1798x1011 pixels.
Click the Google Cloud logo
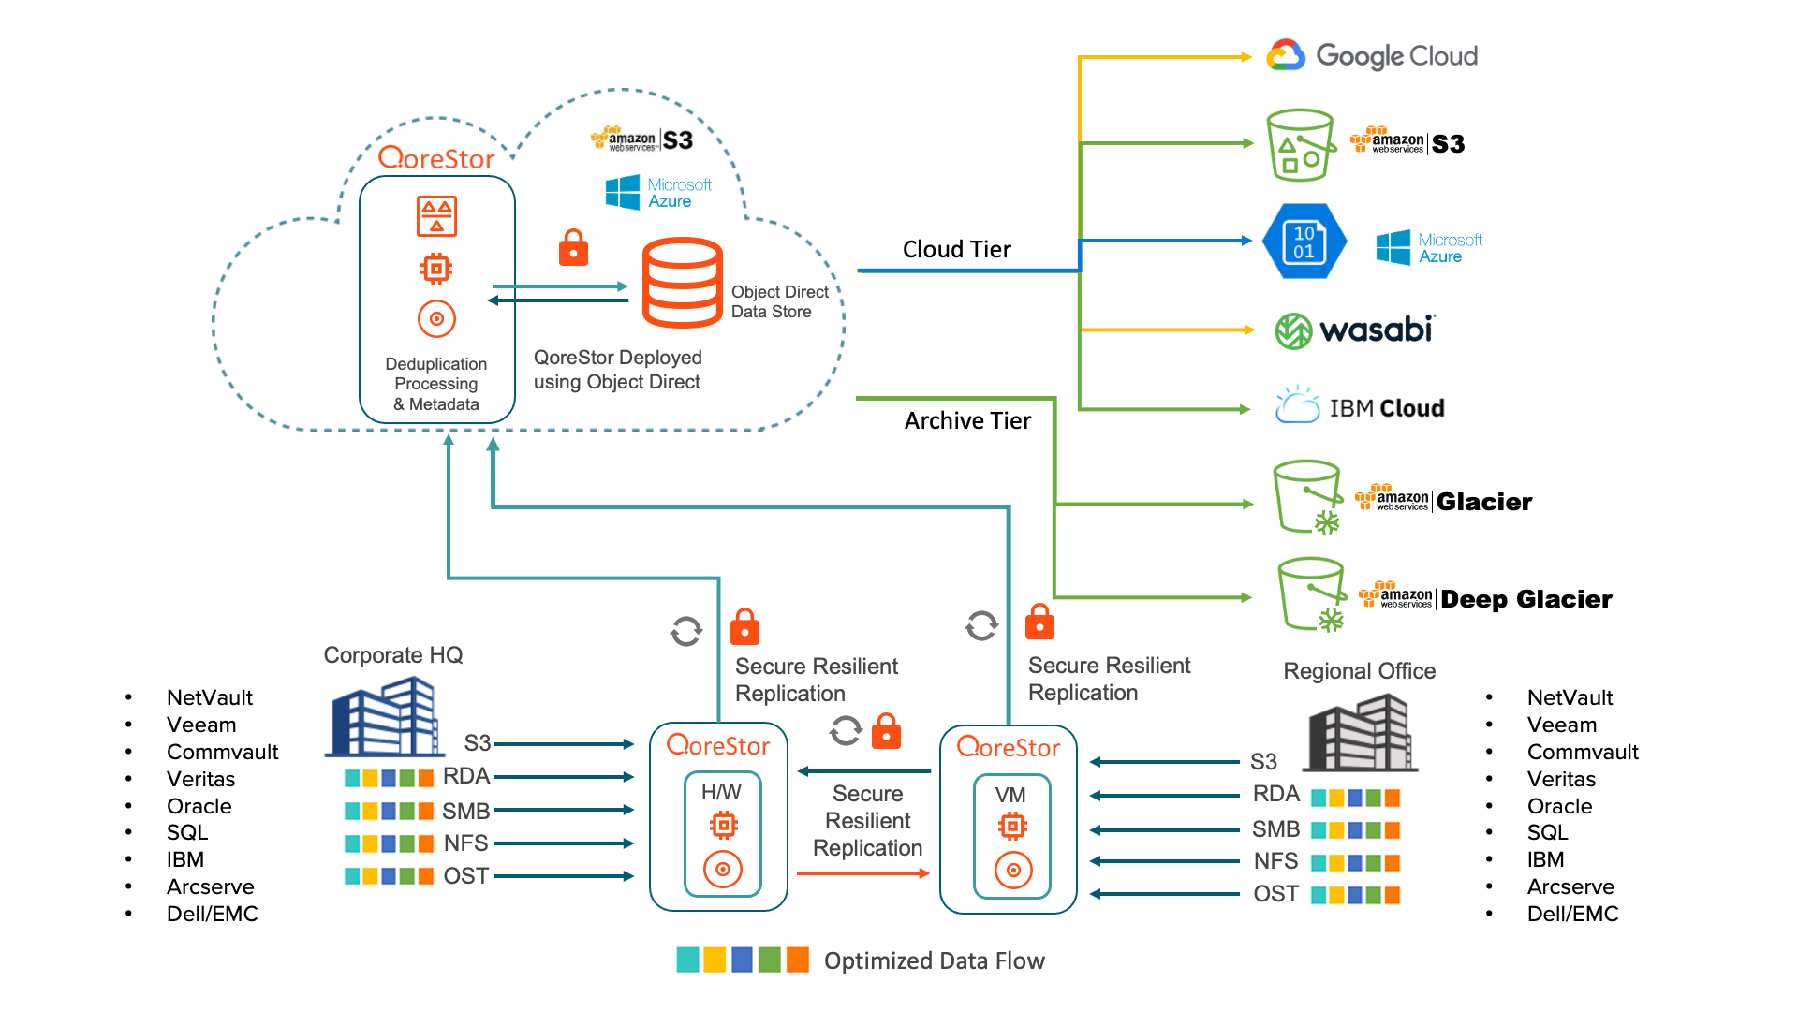tap(1372, 56)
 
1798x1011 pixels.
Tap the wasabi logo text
tap(1376, 330)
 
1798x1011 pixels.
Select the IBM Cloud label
tap(1386, 408)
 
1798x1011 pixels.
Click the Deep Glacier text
tap(1525, 599)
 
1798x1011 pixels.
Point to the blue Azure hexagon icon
tap(1304, 242)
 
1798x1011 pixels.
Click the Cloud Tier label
tap(956, 250)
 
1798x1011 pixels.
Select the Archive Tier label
tap(967, 421)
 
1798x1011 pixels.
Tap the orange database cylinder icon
tap(682, 283)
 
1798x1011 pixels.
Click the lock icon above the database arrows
tap(573, 249)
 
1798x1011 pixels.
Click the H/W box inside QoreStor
tap(722, 833)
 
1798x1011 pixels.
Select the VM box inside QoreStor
tap(1011, 836)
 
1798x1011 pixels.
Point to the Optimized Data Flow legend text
tap(934, 961)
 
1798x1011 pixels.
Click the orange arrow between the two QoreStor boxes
tap(862, 873)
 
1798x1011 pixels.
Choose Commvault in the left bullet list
tap(222, 752)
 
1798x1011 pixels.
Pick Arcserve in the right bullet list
tap(1570, 886)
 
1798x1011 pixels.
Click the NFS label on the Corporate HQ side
tap(465, 843)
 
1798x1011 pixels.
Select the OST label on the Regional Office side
tap(1275, 894)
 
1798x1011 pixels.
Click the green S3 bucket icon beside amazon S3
tap(1299, 146)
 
